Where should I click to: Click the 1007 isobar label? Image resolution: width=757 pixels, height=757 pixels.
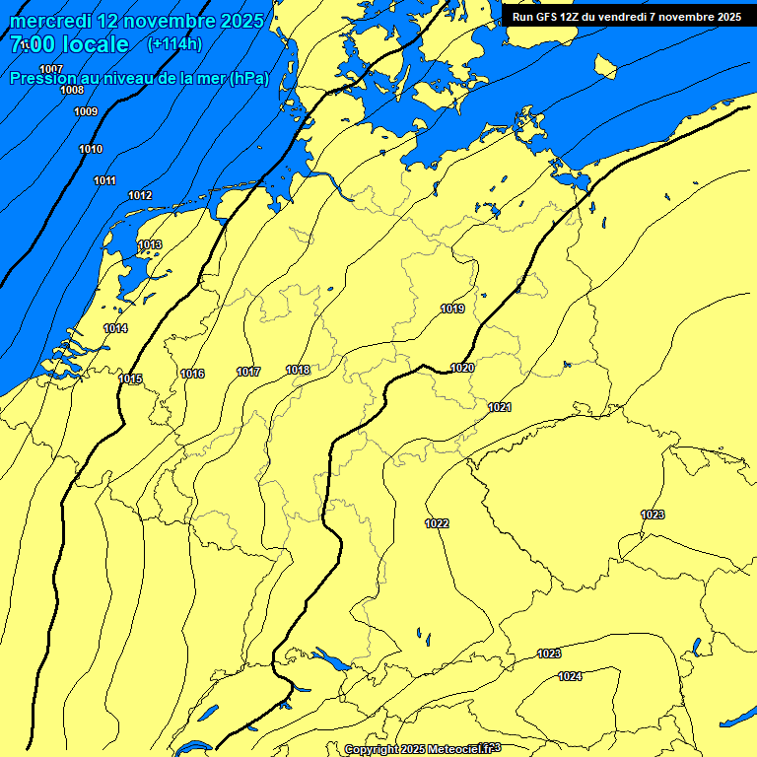tap(51, 68)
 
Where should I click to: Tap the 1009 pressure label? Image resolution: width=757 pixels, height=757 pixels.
tap(86, 111)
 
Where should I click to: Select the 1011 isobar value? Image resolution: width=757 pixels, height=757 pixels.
tap(104, 180)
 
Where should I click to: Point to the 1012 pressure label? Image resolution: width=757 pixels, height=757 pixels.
tap(140, 195)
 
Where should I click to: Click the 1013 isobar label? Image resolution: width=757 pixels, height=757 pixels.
tap(150, 244)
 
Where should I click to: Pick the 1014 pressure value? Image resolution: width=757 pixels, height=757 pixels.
tap(115, 328)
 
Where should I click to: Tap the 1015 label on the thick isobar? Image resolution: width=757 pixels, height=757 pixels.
tap(130, 379)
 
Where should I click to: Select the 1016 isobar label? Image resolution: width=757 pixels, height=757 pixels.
tap(192, 374)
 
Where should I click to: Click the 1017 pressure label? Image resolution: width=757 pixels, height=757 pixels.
tap(248, 372)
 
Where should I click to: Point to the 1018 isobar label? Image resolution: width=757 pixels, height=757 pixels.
tap(298, 370)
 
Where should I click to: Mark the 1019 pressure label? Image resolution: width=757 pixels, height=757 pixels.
tap(452, 309)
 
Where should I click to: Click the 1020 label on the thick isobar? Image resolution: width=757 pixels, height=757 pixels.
tap(462, 368)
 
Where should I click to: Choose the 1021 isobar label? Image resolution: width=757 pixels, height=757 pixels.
tap(500, 407)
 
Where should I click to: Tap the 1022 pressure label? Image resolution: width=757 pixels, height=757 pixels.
tap(438, 523)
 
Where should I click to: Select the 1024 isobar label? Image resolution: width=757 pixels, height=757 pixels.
tap(570, 676)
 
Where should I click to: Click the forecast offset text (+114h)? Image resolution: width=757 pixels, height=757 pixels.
tap(174, 43)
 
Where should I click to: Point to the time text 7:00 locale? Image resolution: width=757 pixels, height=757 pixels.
tap(69, 44)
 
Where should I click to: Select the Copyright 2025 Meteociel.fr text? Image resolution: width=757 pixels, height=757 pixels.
tap(423, 749)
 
